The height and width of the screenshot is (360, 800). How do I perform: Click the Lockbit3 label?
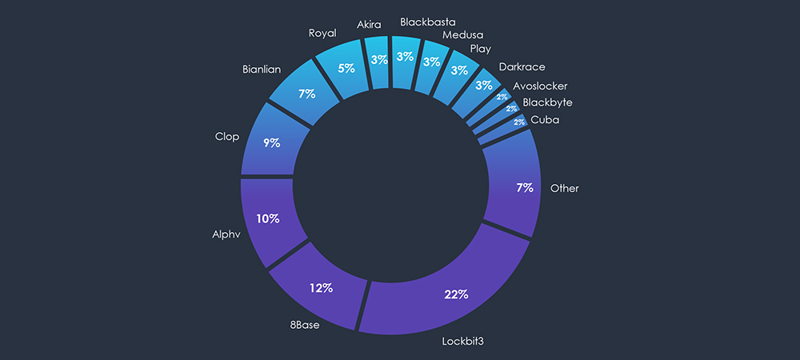pos(464,342)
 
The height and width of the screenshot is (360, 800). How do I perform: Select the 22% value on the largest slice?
pos(456,294)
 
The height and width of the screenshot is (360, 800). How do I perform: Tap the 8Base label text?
pos(306,326)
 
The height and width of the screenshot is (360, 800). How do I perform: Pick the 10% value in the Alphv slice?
pos(268,218)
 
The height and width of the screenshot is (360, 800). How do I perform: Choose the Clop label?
pos(227,136)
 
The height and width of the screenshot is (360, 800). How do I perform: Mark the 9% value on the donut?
pos(271,143)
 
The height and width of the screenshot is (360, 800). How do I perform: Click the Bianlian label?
pos(261,70)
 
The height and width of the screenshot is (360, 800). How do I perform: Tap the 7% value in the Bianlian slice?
pos(306,94)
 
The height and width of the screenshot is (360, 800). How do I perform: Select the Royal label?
pos(323,34)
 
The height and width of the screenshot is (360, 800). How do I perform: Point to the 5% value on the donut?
pos(346,68)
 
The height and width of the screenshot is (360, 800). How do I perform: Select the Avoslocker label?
pos(540,86)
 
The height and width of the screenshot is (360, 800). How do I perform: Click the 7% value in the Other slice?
pos(525,188)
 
